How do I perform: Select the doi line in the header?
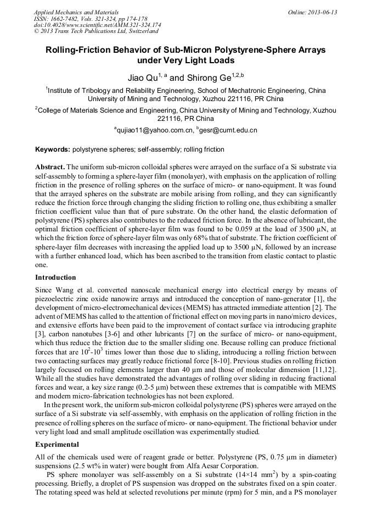[x=97, y=25]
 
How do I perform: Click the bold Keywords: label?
[x=53, y=149]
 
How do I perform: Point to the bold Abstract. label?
[x=50, y=167]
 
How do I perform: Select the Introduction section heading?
[x=55, y=278]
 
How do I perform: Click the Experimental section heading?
[x=57, y=444]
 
